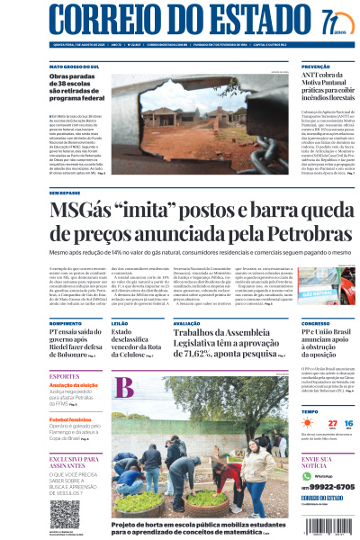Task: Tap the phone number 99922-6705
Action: coord(326,487)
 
